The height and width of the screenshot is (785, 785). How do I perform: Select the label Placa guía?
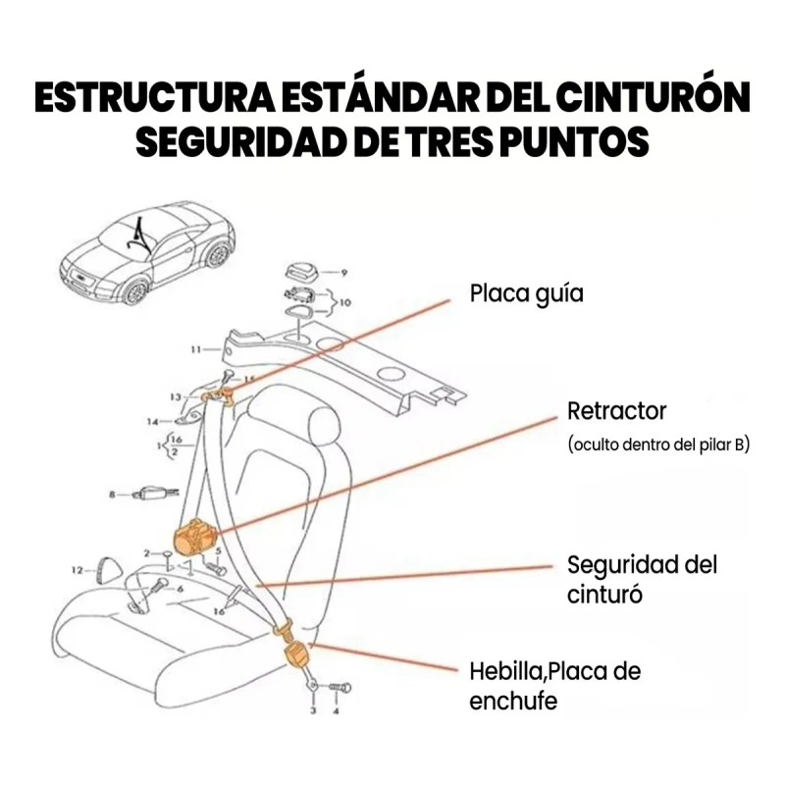point(526,293)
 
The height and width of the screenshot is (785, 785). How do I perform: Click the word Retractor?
point(616,409)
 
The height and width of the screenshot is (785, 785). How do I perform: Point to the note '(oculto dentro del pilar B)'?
point(657,445)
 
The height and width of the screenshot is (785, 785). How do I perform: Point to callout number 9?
point(344,270)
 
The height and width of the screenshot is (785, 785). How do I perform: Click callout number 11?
point(195,348)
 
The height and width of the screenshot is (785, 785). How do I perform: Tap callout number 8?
point(113,497)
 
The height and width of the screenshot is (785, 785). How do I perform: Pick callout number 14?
point(152,422)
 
